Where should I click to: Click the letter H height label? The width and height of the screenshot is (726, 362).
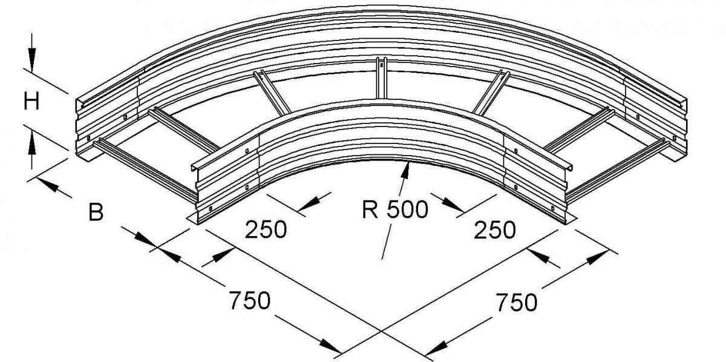pyautogui.click(x=31, y=101)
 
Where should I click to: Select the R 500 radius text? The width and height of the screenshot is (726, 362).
pyautogui.click(x=394, y=209)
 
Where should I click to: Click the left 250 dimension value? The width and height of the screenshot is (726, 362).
pyautogui.click(x=266, y=229)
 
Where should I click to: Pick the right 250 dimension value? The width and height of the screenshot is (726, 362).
pyautogui.click(x=495, y=230)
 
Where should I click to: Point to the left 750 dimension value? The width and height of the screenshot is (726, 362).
pyautogui.click(x=249, y=300)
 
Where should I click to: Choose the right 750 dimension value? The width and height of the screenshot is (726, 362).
pyautogui.click(x=517, y=302)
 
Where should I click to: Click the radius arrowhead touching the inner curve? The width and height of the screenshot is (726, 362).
pyautogui.click(x=405, y=170)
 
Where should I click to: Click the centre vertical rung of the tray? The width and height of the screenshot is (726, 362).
pyautogui.click(x=381, y=78)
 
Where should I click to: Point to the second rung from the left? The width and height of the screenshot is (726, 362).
pyautogui.click(x=183, y=130)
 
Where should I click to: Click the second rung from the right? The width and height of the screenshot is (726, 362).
pyautogui.click(x=579, y=130)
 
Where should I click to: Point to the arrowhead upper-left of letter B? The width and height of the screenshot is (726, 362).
pyautogui.click(x=48, y=185)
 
